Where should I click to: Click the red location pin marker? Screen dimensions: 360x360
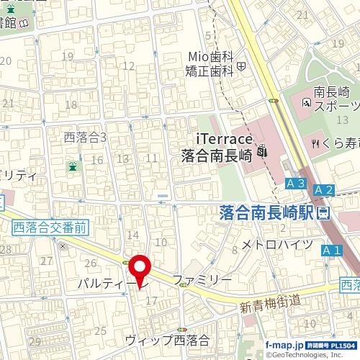tap(140, 268)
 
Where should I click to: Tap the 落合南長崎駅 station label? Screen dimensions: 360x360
tap(266, 212)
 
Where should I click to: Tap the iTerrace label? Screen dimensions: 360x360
tap(223, 138)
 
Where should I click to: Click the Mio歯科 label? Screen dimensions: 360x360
tap(208, 56)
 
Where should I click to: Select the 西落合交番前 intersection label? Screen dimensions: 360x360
tap(50, 227)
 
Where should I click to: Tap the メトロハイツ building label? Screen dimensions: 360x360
tap(276, 243)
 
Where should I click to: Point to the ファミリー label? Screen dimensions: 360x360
tap(202, 279)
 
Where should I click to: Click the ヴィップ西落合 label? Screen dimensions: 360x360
tap(167, 339)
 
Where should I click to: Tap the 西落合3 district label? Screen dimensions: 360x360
tap(86, 137)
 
